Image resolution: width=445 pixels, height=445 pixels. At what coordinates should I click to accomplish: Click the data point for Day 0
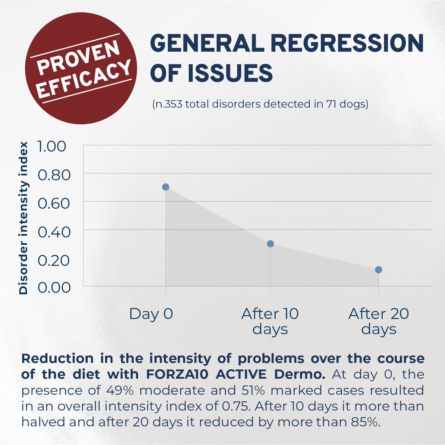coord(166,187)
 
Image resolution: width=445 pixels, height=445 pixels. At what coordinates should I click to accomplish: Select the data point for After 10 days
coord(270,244)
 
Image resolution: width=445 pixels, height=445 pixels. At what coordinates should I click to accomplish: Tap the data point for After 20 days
coord(378,270)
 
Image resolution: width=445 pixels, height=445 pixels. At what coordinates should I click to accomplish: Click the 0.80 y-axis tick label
coord(54,175)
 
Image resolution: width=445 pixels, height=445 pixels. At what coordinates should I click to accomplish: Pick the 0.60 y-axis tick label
coord(54,203)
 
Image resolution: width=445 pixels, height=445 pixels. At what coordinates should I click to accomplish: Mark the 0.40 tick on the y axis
coord(54,232)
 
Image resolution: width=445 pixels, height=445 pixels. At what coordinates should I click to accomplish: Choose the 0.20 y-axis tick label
coord(54,260)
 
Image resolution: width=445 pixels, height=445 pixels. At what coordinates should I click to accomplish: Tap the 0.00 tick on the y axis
coord(54,287)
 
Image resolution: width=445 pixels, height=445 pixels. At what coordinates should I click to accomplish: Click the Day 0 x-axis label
coord(151,314)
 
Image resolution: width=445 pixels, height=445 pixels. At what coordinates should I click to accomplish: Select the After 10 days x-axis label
coord(270,321)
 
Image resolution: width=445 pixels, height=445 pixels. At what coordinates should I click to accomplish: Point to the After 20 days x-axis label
coord(379,321)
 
